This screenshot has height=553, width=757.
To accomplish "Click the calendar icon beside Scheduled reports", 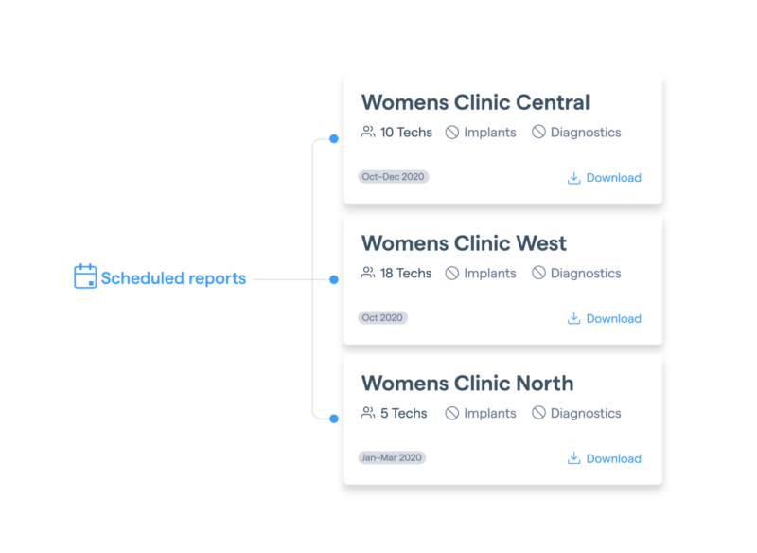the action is point(85,276).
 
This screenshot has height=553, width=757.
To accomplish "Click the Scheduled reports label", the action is point(173,278).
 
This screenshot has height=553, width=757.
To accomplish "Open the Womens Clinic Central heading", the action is point(476,102).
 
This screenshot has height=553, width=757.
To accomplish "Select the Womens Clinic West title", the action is point(464,243).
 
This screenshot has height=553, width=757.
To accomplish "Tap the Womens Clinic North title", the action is point(467,384).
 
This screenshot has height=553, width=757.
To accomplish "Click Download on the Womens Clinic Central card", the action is point(604,178).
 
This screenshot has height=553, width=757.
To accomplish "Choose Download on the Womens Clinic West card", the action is point(604,319).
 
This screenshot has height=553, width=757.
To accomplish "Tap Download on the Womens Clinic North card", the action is point(604,458).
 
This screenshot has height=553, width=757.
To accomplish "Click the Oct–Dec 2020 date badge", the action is point(393,177).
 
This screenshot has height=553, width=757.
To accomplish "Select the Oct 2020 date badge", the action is point(382,318).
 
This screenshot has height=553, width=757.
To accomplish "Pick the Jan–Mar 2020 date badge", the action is point(392,458).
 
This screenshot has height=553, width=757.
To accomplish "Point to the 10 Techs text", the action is point(406,133).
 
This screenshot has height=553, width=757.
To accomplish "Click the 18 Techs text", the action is point(406,274).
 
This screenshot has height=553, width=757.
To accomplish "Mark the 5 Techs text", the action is point(404,414).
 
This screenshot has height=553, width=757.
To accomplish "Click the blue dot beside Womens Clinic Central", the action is point(334,138).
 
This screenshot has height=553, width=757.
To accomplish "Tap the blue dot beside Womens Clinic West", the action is point(334,279).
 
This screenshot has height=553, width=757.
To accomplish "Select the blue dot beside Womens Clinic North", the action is point(334,419).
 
